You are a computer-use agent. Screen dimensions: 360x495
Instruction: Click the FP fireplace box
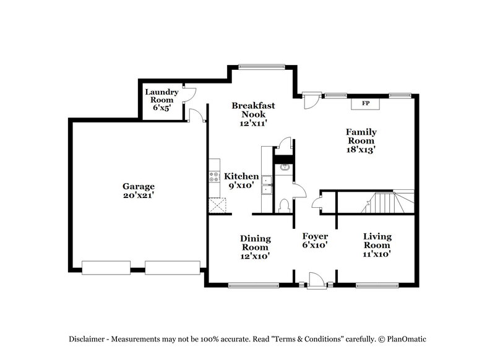click(365, 103)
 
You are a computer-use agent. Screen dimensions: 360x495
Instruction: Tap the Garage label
click(138, 186)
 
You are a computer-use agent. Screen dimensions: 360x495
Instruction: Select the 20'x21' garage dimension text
click(138, 195)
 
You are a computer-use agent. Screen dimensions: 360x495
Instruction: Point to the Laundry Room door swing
click(189, 95)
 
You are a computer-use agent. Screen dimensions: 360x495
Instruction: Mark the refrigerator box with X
click(216, 205)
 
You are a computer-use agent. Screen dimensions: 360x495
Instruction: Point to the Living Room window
click(376, 285)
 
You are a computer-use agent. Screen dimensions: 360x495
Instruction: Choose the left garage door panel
click(106, 267)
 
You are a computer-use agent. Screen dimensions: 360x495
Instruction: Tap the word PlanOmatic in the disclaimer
click(407, 339)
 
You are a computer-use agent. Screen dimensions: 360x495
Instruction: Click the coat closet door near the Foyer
click(317, 202)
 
